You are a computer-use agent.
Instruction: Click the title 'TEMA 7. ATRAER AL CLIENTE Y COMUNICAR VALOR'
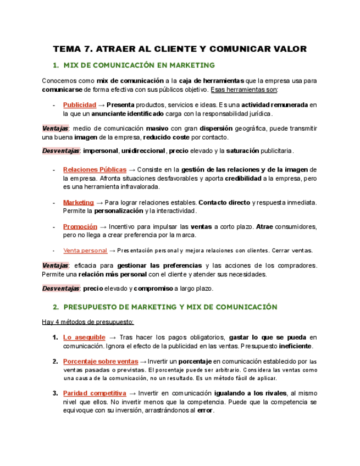click(179, 49)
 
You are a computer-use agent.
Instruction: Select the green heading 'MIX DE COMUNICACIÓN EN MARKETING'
click(139, 65)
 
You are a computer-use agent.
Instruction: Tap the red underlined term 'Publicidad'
click(80, 104)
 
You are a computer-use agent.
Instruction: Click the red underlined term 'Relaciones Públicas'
click(95, 170)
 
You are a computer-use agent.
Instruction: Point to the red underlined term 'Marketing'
click(79, 202)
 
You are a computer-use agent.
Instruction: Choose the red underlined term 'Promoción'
click(80, 226)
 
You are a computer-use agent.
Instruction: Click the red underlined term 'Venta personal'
click(85, 251)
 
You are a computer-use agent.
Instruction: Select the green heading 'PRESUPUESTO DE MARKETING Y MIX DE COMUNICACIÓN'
click(170, 307)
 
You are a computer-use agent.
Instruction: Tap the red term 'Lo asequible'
click(84, 337)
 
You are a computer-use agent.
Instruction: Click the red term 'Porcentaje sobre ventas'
click(101, 361)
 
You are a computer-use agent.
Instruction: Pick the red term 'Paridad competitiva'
click(95, 393)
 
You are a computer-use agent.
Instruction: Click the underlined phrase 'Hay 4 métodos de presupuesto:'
click(88, 321)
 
